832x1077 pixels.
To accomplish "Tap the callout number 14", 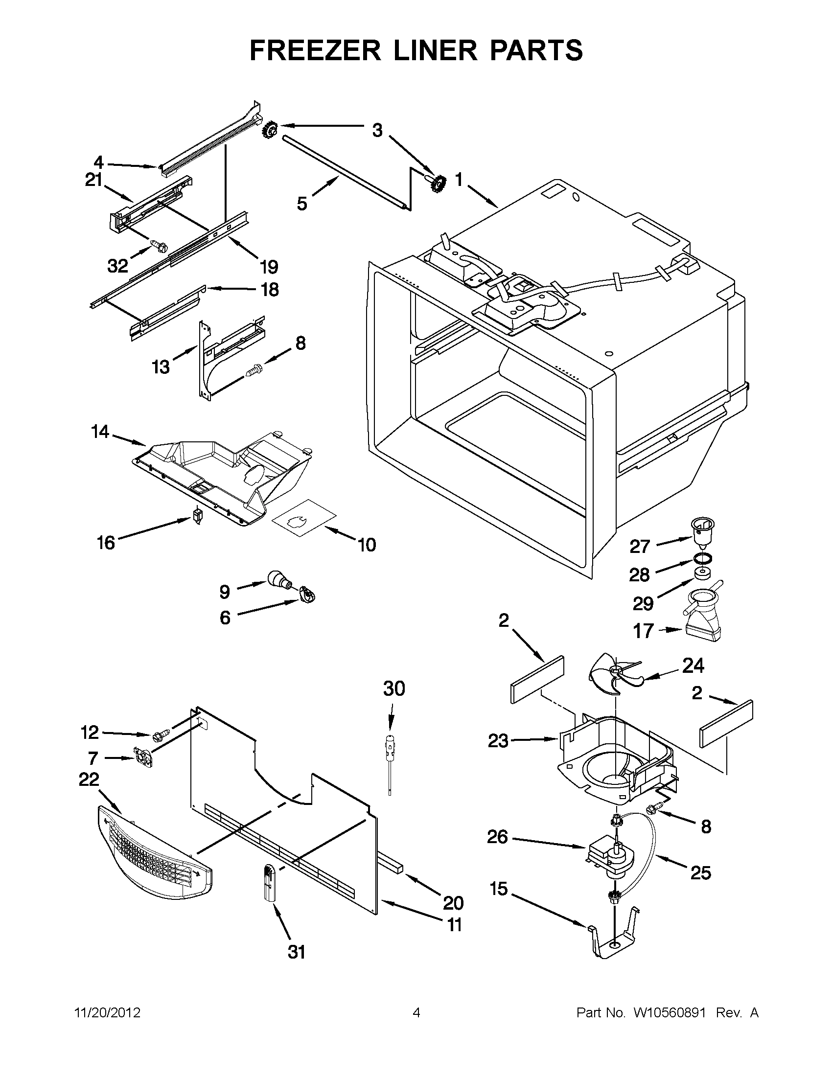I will (100, 432).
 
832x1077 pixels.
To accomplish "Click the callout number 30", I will (393, 688).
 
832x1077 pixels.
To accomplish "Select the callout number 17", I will (643, 631).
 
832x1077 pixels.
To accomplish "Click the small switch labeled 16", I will (198, 516).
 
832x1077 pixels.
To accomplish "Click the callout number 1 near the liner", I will (458, 180).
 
